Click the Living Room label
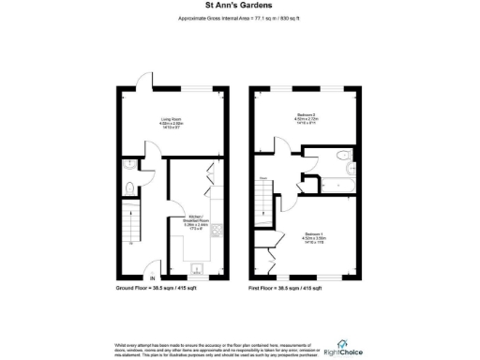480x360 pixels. pyautogui.click(x=170, y=122)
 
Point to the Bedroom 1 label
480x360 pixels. pyautogui.click(x=315, y=236)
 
